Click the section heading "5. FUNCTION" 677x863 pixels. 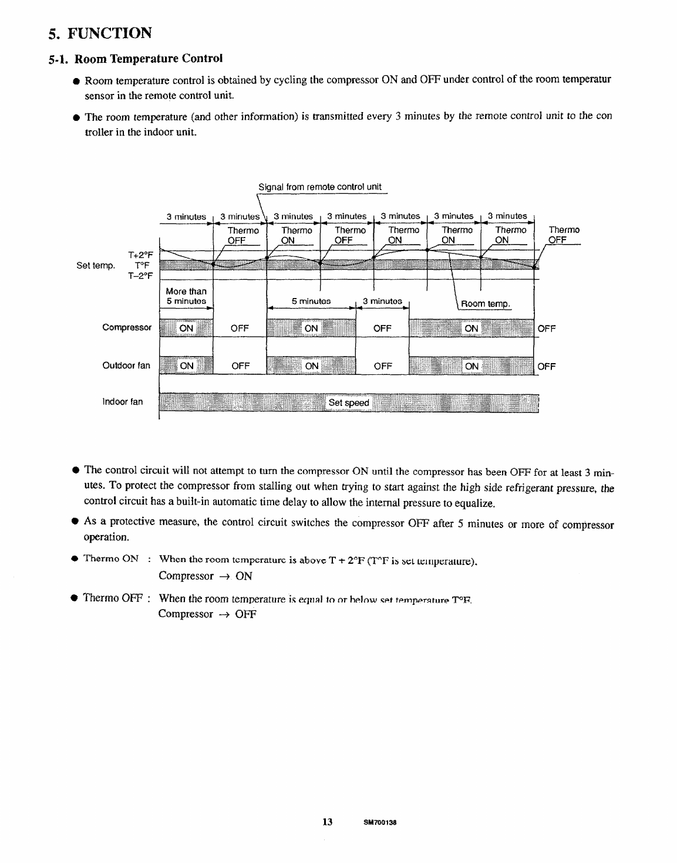pyautogui.click(x=100, y=33)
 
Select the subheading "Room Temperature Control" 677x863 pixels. pyautogui.click(x=149, y=59)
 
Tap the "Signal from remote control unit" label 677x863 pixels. pyautogui.click(x=320, y=187)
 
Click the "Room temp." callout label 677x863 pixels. pyautogui.click(x=486, y=304)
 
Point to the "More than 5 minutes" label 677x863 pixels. pyautogui.click(x=186, y=296)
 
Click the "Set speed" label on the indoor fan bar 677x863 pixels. pyautogui.click(x=349, y=403)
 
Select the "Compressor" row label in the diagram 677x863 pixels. pyautogui.click(x=127, y=327)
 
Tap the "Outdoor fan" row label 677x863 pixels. pyautogui.click(x=126, y=366)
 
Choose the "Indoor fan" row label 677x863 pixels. pyautogui.click(x=122, y=402)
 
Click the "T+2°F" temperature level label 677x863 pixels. pyautogui.click(x=140, y=255)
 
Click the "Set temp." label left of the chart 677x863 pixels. pyautogui.click(x=95, y=266)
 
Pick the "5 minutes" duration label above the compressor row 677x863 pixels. pyautogui.click(x=311, y=302)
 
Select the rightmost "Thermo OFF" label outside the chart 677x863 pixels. pyautogui.click(x=564, y=235)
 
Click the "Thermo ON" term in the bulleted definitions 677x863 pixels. pyautogui.click(x=111, y=559)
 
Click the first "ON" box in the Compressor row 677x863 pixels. pyautogui.click(x=186, y=329)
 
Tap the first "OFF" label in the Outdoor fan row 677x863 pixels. pyautogui.click(x=241, y=367)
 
